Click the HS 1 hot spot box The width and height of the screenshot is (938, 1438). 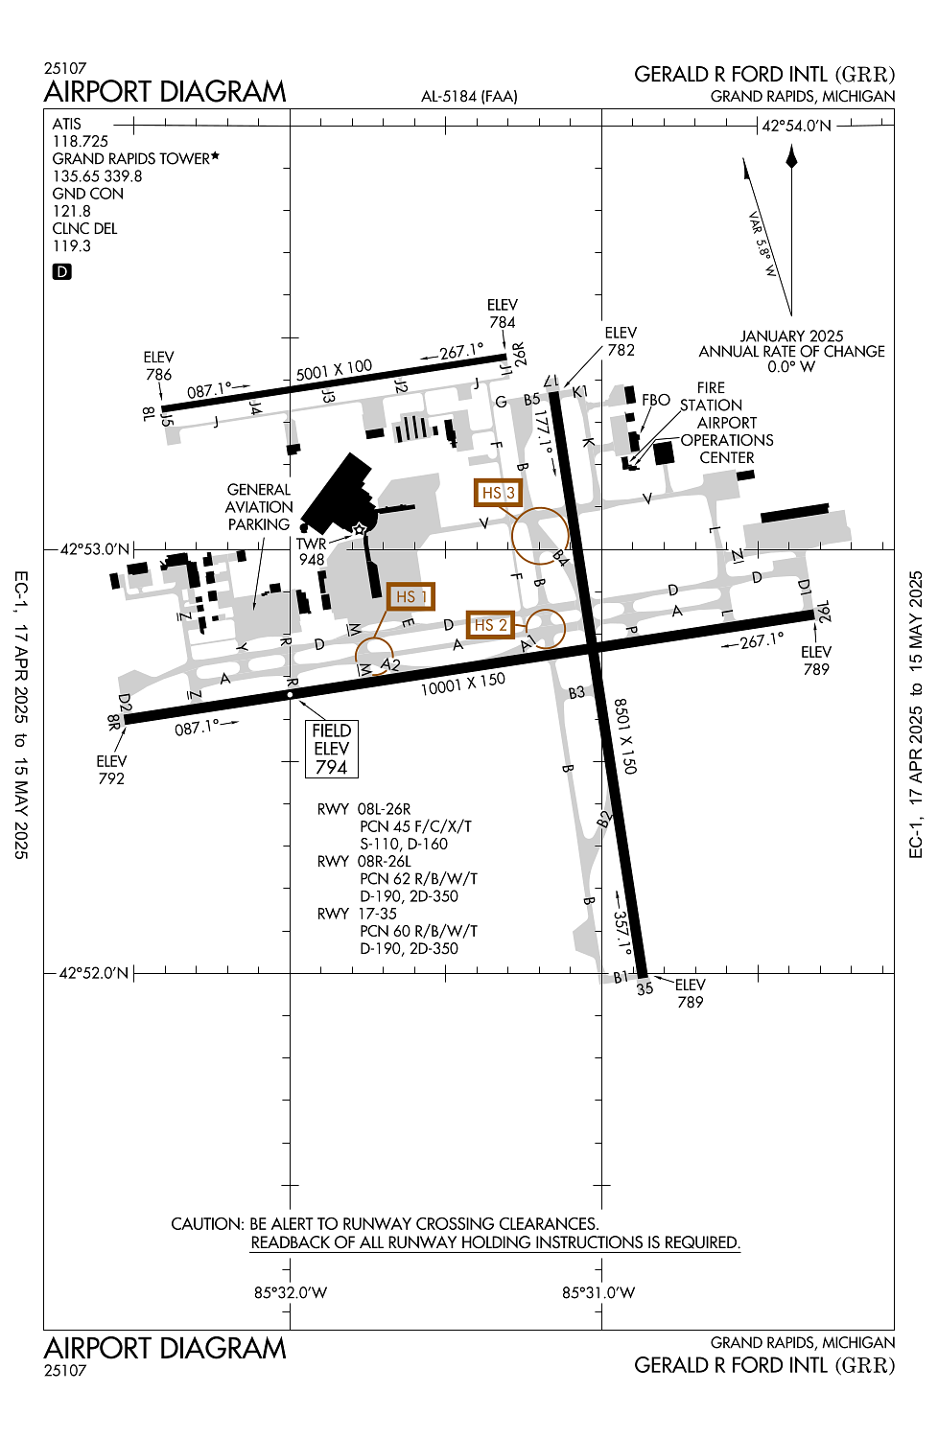(x=410, y=596)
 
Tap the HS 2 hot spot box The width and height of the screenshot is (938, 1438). (x=490, y=625)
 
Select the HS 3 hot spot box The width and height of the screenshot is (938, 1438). (x=498, y=493)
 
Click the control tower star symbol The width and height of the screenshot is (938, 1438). (x=359, y=529)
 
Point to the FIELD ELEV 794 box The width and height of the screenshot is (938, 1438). (x=332, y=749)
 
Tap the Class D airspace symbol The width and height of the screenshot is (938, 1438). (x=61, y=271)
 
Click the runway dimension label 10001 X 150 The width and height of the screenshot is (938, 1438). (x=462, y=684)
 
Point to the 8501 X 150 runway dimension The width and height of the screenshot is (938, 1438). (x=625, y=735)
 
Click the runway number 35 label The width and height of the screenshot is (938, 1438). (x=645, y=988)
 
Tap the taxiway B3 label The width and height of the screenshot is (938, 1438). (x=576, y=692)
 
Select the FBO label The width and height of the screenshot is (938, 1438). (x=656, y=400)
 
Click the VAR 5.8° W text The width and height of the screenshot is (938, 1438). (x=762, y=244)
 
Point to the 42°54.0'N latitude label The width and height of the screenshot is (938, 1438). (x=797, y=126)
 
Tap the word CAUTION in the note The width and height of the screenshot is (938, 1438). (x=207, y=1223)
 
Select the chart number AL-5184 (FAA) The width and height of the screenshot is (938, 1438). (x=469, y=96)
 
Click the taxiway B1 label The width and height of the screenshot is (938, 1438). (x=621, y=977)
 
